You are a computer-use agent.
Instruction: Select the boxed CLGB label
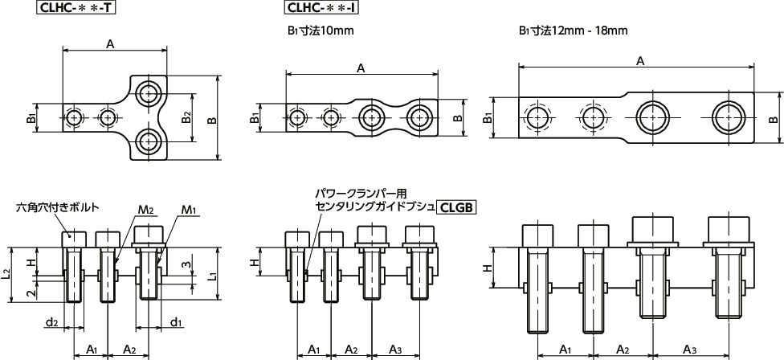pos(457,207)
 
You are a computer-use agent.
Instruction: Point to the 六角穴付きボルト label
pos(58,207)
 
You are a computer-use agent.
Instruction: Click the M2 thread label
pos(145,211)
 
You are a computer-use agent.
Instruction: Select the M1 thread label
pos(189,211)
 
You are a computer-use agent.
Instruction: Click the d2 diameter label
pos(51,323)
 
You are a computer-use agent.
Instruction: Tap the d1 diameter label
pos(175,323)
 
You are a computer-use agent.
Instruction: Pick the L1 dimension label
pos(212,276)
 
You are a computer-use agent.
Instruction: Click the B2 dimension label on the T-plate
pos(186,118)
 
